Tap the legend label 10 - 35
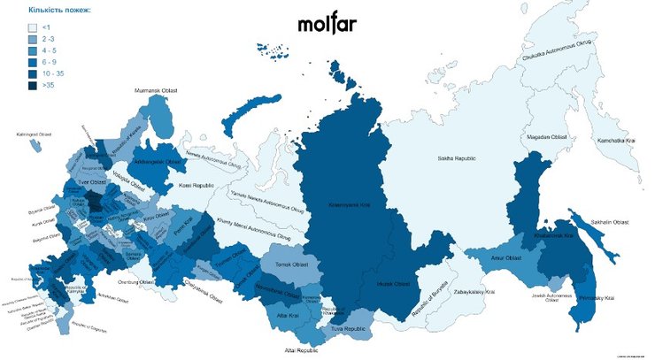pyautogui.click(x=51, y=74)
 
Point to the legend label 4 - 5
pyautogui.click(x=48, y=51)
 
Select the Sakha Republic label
pyautogui.click(x=458, y=158)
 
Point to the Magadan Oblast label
pyautogui.click(x=546, y=137)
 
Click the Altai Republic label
pyautogui.click(x=302, y=350)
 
